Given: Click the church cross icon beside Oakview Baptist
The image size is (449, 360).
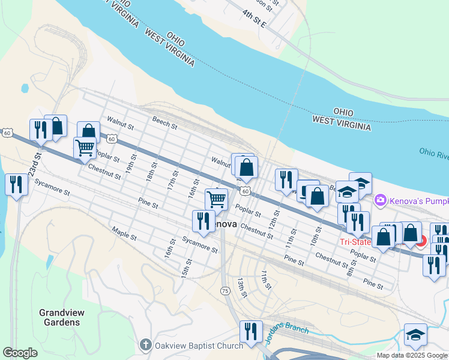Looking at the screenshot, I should [x=145, y=345].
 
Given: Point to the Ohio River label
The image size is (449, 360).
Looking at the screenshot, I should [x=433, y=154].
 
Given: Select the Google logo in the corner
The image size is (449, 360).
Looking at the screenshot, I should [x=20, y=353].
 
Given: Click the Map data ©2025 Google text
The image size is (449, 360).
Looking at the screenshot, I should [x=412, y=355].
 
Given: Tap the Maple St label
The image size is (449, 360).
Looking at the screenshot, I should [x=124, y=235].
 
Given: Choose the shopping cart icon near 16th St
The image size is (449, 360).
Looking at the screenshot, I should [x=216, y=199].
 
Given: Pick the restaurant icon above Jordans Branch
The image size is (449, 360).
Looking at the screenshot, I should [x=251, y=331].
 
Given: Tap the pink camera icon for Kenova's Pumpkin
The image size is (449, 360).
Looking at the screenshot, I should [x=379, y=200].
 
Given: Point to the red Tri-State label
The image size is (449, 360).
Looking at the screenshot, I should [x=355, y=242].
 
